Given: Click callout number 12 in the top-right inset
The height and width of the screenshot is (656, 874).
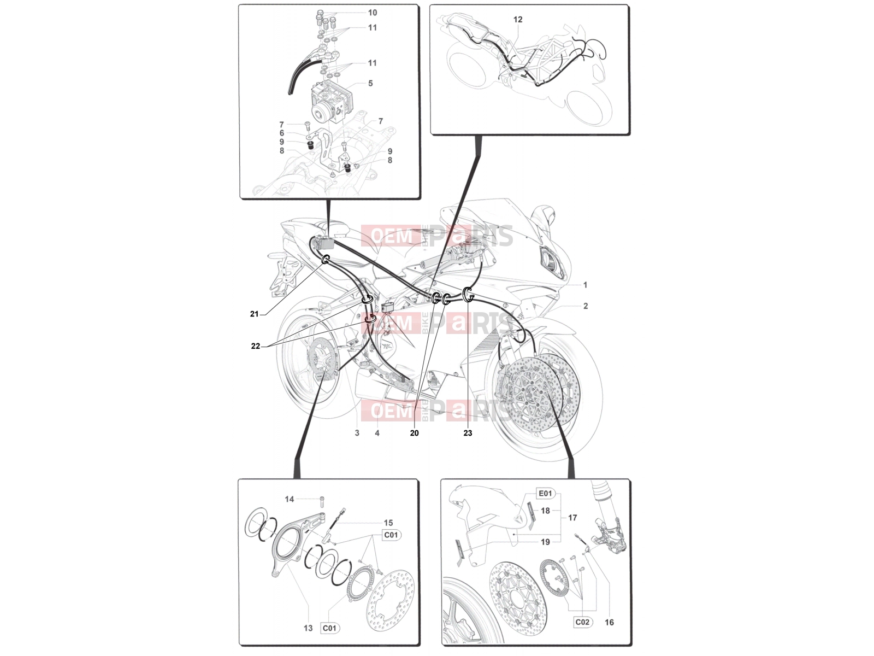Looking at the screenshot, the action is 518,19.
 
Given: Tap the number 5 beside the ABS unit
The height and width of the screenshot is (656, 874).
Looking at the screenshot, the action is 370,83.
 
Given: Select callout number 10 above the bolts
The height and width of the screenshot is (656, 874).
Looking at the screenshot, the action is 373,13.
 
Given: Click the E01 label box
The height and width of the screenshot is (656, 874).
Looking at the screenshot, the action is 545,494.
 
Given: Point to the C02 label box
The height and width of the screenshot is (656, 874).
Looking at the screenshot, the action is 582,622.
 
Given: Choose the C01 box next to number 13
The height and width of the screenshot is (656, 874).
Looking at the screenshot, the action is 329,628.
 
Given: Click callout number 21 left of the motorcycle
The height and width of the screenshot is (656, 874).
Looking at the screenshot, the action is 255,314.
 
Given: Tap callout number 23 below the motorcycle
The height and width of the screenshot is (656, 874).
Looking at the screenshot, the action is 468,433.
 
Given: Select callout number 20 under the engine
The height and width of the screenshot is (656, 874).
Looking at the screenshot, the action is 414,433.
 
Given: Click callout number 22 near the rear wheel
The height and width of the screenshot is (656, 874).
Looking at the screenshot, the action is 255,346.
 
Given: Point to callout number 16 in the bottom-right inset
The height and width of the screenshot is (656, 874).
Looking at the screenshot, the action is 609,622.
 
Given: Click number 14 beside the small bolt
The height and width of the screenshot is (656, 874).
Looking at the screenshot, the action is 290,499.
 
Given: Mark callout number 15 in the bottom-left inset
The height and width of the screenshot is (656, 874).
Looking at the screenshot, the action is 388,523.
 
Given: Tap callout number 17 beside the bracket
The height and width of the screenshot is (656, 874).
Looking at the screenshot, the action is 572,518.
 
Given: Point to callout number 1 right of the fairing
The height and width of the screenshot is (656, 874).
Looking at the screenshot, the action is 586,285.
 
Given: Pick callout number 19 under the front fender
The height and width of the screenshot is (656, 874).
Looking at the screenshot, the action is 545,542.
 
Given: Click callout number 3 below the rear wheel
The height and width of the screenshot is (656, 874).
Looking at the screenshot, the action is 357,433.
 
